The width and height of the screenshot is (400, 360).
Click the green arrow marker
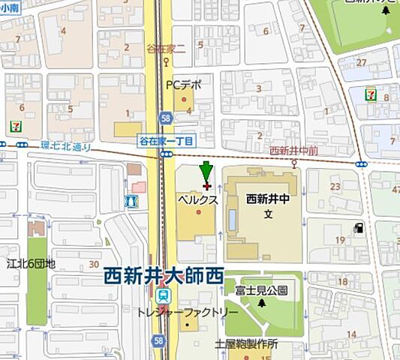point(206,170)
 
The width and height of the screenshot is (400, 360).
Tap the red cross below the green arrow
point(206,185)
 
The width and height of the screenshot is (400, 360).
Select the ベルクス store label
point(197,200)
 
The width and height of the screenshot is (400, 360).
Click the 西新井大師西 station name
point(164,276)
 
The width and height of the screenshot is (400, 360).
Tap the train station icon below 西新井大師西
point(163,295)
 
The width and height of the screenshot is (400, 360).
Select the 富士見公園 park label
point(261,290)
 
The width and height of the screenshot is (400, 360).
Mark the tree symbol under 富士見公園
point(261,303)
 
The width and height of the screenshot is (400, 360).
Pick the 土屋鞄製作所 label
point(246,344)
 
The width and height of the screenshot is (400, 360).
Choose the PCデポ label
point(184,85)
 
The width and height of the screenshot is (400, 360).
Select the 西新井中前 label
point(294,150)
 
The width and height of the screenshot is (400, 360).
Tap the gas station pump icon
point(359,226)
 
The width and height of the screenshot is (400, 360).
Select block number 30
point(93,263)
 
